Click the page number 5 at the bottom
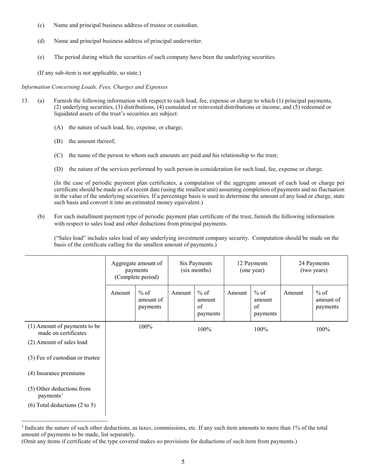click(183, 461)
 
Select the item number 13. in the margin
click(25, 101)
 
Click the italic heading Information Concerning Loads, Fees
click(94, 87)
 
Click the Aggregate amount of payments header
click(137, 270)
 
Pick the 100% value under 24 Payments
click(323, 329)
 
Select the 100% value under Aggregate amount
click(145, 327)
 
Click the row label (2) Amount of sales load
click(57, 342)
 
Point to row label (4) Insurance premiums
click(56, 373)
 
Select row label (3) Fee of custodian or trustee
click(64, 358)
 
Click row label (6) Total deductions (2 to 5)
click(62, 405)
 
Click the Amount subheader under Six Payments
click(181, 293)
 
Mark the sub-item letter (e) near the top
click(41, 57)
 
